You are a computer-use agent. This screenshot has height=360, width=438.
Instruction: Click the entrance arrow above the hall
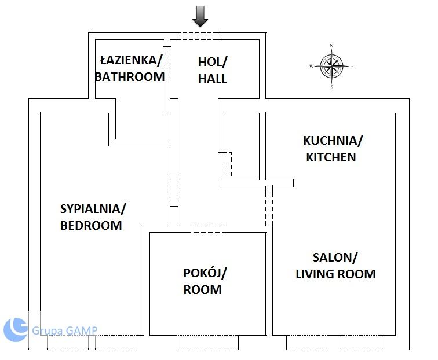pyautogui.click(x=200, y=16)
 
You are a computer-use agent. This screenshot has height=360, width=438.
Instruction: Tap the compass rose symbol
pyautogui.click(x=331, y=67)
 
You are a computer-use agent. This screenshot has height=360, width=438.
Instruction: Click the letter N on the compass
pyautogui.click(x=331, y=46)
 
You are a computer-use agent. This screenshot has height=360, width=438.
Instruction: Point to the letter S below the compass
pyautogui.click(x=332, y=87)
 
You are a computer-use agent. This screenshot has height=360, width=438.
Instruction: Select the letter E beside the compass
pyautogui.click(x=352, y=67)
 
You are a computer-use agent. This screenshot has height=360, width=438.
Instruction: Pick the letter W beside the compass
pyautogui.click(x=312, y=67)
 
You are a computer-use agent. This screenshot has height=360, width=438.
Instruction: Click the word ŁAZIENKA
pyautogui.click(x=130, y=60)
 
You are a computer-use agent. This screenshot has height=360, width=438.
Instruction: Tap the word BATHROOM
pyautogui.click(x=129, y=77)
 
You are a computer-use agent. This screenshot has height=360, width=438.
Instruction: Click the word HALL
pyautogui.click(x=213, y=78)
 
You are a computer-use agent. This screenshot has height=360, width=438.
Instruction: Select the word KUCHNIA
pyautogui.click(x=331, y=141)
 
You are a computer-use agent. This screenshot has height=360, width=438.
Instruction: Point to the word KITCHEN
pyautogui.click(x=331, y=157)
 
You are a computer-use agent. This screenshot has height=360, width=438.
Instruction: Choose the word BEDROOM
pyautogui.click(x=91, y=226)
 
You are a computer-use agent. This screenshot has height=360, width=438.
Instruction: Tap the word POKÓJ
pyautogui.click(x=203, y=273)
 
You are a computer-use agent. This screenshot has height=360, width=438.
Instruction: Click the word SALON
pyautogui.click(x=333, y=258)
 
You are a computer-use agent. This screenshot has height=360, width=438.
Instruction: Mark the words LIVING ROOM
pyautogui.click(x=335, y=274)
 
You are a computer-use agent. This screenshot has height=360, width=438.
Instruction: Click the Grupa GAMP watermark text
pyautogui.click(x=64, y=330)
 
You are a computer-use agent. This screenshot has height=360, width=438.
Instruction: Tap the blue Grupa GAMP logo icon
pyautogui.click(x=16, y=330)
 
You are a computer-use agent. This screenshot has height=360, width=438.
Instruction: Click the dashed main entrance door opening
pyautogui.click(x=198, y=36)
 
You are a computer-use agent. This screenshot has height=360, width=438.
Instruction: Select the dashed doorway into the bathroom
pyautogui.click(x=167, y=63)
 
